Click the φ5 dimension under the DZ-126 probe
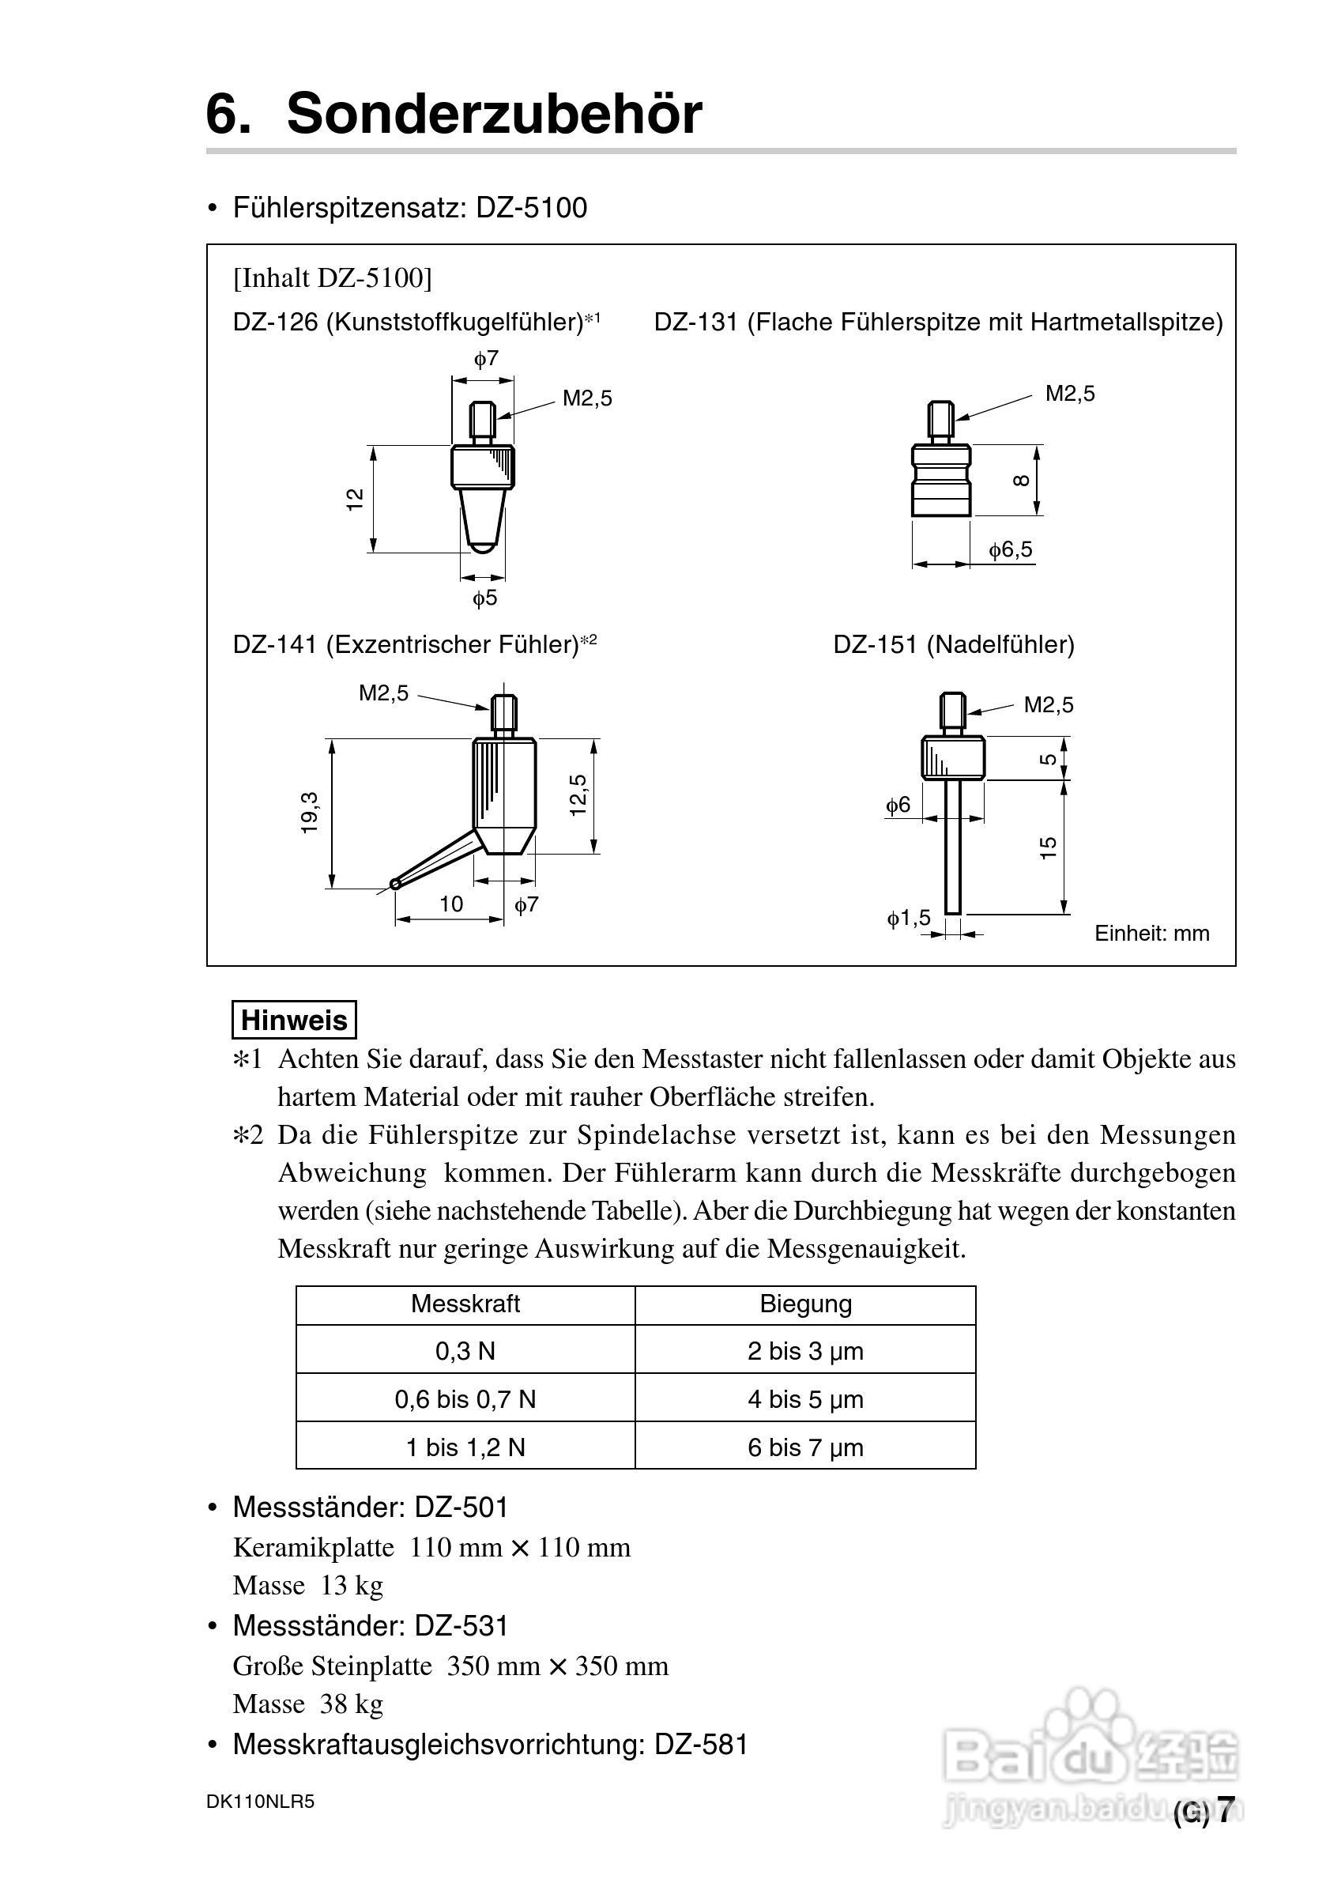click(x=484, y=598)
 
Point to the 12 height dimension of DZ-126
click(x=354, y=500)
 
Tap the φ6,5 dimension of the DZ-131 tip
click(x=1009, y=549)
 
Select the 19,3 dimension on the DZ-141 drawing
click(x=309, y=813)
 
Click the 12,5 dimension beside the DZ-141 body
click(x=578, y=794)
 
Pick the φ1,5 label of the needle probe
click(x=909, y=918)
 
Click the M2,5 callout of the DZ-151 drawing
click(x=1048, y=704)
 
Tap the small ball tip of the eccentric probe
click(x=396, y=883)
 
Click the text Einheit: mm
click(x=1151, y=934)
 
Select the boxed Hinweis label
click(x=294, y=1021)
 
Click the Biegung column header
click(x=805, y=1304)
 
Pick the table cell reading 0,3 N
click(x=465, y=1351)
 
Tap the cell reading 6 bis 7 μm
click(x=805, y=1447)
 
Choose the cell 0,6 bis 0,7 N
click(x=465, y=1399)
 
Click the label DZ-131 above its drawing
click(x=695, y=323)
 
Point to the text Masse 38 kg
click(x=307, y=1704)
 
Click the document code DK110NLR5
click(x=260, y=1802)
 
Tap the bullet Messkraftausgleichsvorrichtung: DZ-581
click(x=490, y=1745)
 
